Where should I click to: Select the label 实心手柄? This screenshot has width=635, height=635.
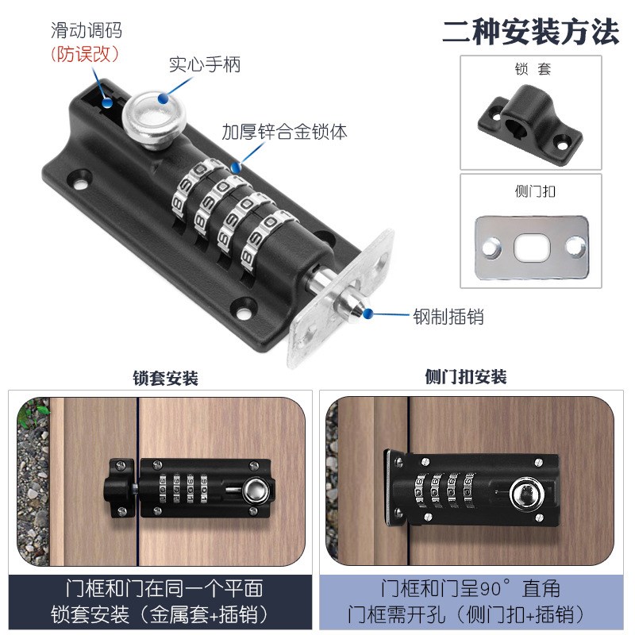coord(204,64)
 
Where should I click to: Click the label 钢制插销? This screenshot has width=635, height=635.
coord(448,317)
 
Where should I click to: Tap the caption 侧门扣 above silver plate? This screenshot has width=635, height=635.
coord(529,190)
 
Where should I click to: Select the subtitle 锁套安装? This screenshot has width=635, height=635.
coord(165,377)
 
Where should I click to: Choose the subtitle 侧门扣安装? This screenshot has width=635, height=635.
coord(466,377)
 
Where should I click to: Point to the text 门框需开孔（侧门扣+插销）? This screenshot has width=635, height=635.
coord(471,614)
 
